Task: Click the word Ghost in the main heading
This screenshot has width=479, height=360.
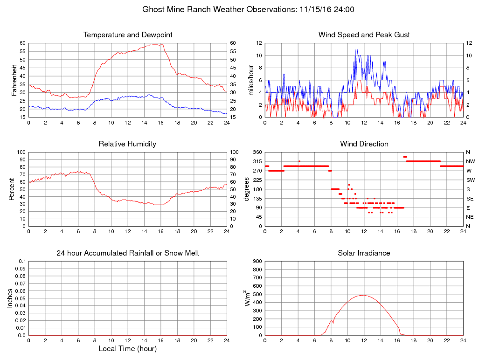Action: click(x=153, y=9)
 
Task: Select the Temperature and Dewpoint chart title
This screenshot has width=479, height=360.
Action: click(x=128, y=35)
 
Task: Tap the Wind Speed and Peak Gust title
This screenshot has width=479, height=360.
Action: click(x=364, y=35)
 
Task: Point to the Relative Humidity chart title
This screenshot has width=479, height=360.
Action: click(x=128, y=144)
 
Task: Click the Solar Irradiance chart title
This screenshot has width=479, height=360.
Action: click(x=364, y=253)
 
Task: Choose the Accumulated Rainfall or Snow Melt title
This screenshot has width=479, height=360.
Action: click(x=128, y=253)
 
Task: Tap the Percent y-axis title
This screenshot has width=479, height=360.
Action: click(x=11, y=189)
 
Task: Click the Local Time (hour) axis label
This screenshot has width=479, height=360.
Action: click(x=128, y=349)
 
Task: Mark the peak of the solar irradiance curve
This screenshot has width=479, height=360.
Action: click(x=363, y=295)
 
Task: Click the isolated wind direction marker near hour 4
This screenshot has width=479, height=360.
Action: click(x=299, y=161)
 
